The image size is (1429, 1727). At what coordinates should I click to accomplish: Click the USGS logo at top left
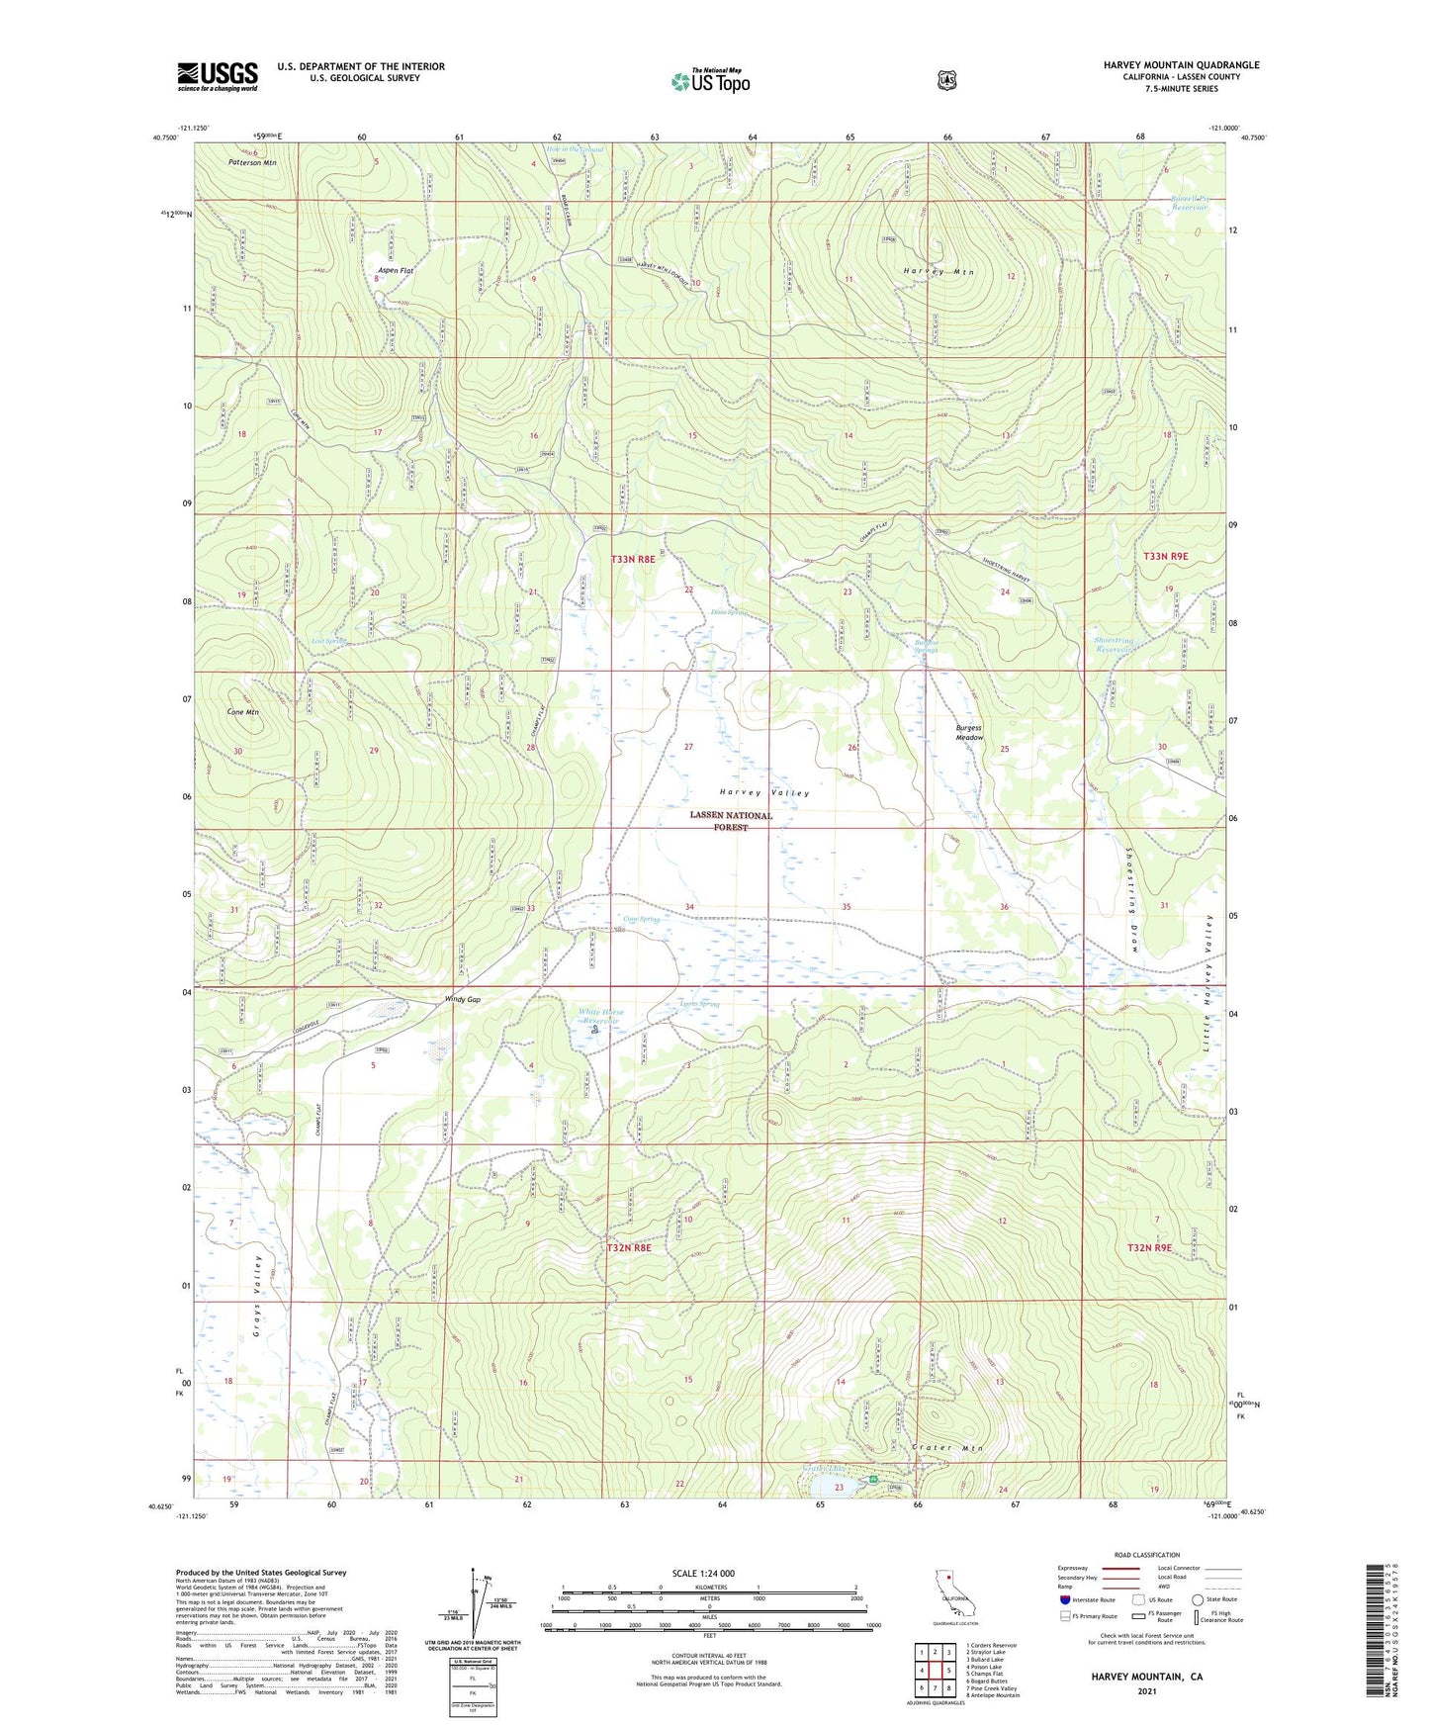point(217,76)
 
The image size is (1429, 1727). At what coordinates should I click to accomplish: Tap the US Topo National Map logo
point(709,81)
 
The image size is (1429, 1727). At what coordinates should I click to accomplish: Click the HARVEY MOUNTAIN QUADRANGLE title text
point(1181,65)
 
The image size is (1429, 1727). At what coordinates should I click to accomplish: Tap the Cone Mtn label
point(242,712)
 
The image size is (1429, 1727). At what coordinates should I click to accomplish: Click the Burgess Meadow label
point(969,733)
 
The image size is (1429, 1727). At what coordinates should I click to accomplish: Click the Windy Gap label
point(461,1000)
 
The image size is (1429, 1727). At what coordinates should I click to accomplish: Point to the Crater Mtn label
point(947,1448)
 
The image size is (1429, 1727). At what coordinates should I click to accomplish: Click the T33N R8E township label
point(632,560)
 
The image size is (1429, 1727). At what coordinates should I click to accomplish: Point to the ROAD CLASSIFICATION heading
point(1146,1556)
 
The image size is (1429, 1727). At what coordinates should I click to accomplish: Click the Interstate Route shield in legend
point(1064,1599)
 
